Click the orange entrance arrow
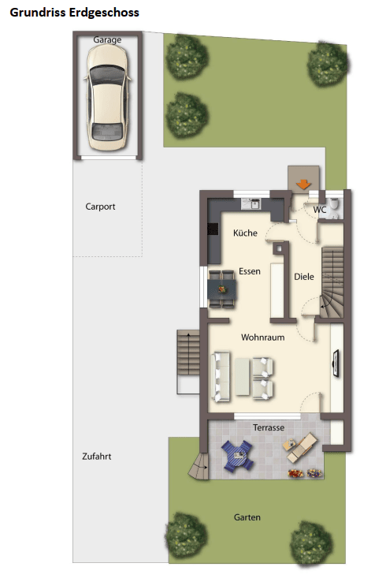click(303, 184)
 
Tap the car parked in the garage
click(107, 98)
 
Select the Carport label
click(100, 207)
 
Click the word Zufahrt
click(97, 457)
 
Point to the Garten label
click(247, 517)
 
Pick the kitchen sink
click(251, 203)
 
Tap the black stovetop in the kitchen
click(213, 229)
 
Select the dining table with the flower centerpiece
click(221, 289)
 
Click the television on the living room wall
click(336, 364)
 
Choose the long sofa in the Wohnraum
click(221, 376)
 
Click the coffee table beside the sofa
click(242, 376)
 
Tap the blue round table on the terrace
click(237, 455)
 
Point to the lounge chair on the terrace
click(300, 447)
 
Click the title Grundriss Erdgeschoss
click(74, 13)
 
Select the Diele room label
click(304, 277)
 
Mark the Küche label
click(245, 233)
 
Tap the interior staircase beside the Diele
click(332, 282)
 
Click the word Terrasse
click(269, 427)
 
